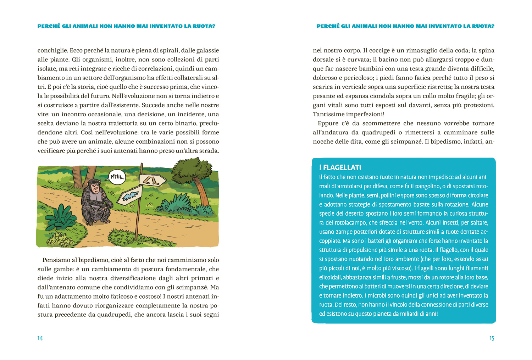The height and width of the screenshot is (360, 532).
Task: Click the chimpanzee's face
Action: [x=94, y=186]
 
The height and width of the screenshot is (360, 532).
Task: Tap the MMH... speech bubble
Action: [x=117, y=177]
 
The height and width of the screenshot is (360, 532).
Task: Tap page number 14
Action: [x=40, y=338]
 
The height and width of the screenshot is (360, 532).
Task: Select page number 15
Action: [x=492, y=338]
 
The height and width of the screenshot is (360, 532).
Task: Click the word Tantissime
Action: [x=328, y=114]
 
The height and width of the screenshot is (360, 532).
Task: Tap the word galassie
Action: [x=206, y=50]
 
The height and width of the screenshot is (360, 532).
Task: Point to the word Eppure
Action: [x=328, y=123]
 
